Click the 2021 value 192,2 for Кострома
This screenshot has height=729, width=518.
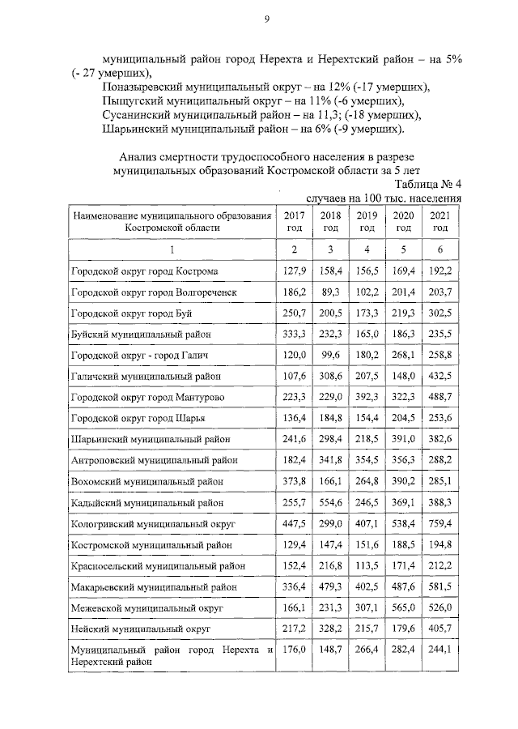[439, 270]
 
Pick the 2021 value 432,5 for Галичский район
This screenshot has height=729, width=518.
[439, 376]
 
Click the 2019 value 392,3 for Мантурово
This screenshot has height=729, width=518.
[367, 397]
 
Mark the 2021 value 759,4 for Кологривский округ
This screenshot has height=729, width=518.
[439, 524]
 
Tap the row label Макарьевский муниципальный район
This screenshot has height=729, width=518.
[154, 586]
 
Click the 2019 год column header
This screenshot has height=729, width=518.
[367, 221]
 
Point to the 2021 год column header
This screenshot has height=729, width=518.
[439, 221]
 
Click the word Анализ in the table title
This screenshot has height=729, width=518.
[138, 156]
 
